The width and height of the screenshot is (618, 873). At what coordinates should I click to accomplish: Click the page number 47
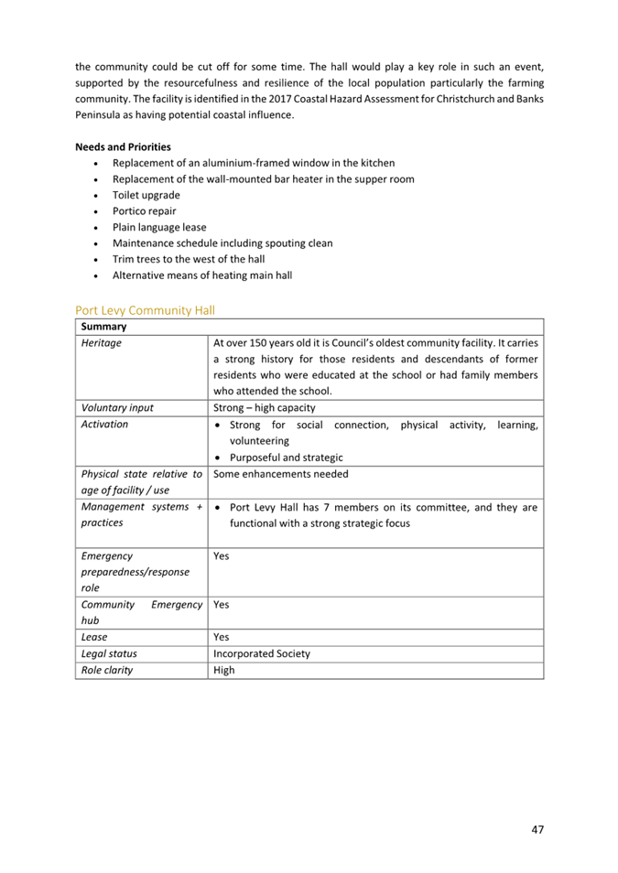coord(537,829)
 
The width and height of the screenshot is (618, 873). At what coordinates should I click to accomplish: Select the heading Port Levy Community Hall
coord(145,310)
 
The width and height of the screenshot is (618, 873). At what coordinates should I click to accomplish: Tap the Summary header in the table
coord(103,327)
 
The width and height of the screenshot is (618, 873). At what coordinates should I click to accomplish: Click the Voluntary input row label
coord(117,408)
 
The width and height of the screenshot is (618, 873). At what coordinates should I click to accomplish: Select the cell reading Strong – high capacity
coord(264,408)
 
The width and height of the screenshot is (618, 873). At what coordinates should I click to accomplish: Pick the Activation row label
coord(104,425)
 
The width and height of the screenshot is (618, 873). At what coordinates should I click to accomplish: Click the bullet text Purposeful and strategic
coord(286,458)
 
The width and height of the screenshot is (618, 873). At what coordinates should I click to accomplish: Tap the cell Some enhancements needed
coord(280,474)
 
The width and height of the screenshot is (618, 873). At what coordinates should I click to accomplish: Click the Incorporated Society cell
coord(261,653)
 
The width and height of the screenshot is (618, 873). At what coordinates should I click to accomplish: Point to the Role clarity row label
coord(106,670)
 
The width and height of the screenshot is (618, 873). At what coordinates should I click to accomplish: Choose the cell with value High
coord(223,670)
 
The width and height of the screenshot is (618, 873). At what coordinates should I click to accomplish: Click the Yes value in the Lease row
coord(221,637)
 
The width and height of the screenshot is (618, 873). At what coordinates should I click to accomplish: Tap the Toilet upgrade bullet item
coord(146,195)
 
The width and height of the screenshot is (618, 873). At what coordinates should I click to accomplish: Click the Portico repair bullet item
coord(144,211)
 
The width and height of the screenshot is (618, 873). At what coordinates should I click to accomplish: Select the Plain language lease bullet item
coord(158,227)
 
